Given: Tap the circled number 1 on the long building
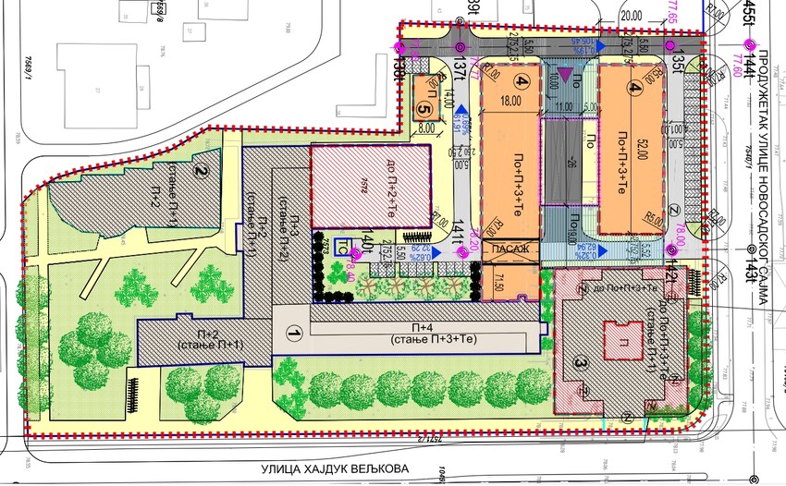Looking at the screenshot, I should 295,332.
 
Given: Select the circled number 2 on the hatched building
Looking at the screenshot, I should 198,170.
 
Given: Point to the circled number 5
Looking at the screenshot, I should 424,108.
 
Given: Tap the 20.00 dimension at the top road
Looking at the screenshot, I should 632,16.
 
